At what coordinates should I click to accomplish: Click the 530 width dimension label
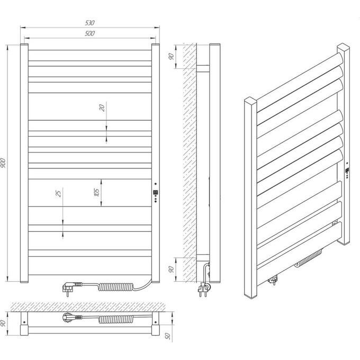point(90,23)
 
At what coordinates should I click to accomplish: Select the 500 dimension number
point(89,33)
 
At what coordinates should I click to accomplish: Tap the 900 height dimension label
point(4,163)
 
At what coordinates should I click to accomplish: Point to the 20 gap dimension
point(102,107)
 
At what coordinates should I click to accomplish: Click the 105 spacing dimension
point(97,192)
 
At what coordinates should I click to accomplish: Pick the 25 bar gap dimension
point(59,194)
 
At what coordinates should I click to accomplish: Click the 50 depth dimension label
point(168,336)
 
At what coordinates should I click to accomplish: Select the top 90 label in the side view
point(171,57)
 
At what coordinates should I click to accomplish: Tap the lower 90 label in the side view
point(171,269)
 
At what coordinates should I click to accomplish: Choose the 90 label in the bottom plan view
point(3,323)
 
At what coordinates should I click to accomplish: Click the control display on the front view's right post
point(156,192)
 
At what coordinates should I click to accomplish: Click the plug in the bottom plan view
point(71,318)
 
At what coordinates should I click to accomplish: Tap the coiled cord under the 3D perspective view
point(308,258)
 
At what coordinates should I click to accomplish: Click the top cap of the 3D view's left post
point(250,100)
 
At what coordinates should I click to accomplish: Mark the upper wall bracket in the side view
point(203,69)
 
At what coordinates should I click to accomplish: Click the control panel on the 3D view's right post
point(347,170)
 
